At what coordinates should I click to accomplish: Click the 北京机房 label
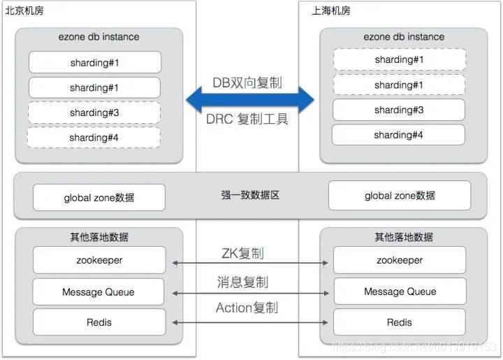tap(24, 10)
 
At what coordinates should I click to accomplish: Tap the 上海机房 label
tap(330, 10)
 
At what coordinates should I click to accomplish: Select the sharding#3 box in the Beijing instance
tap(94, 113)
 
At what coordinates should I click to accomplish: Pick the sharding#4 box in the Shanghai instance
tap(398, 135)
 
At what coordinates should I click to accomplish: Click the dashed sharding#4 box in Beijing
tap(94, 138)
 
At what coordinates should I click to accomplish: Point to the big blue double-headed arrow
tap(250, 99)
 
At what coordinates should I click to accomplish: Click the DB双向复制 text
tap(247, 82)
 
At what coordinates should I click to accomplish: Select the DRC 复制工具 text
tap(247, 119)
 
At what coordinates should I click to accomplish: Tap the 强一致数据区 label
tap(250, 195)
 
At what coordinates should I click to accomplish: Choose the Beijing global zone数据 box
tap(99, 198)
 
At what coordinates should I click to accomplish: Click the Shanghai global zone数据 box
tap(400, 196)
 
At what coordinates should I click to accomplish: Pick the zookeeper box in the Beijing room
tap(99, 260)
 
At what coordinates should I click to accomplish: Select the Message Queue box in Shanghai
tap(400, 291)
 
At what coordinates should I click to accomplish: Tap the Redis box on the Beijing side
tap(99, 322)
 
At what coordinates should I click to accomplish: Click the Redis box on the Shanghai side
tap(400, 322)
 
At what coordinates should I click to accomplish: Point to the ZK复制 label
tap(243, 253)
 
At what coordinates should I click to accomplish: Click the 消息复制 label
tap(242, 282)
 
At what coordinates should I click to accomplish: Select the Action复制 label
tap(247, 308)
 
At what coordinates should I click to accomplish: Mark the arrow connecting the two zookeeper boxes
tap(250, 263)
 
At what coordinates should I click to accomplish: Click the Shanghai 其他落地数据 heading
tap(404, 237)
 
